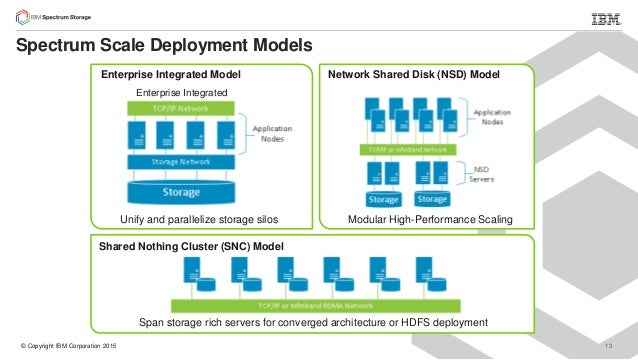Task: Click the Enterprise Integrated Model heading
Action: pos(171,74)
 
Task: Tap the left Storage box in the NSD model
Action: pos(382,198)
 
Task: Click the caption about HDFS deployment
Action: pos(313,322)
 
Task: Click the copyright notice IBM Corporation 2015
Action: pos(63,346)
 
